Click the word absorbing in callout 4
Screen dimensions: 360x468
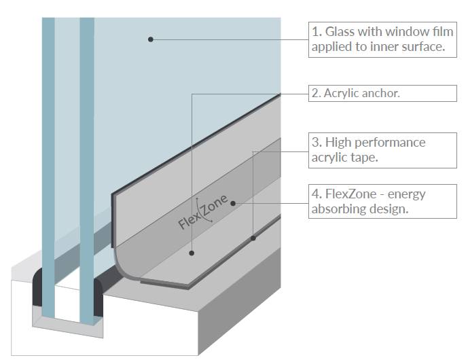(340, 209)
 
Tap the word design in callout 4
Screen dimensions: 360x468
(389, 209)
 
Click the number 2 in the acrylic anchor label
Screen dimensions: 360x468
(315, 94)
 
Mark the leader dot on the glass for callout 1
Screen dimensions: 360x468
(151, 39)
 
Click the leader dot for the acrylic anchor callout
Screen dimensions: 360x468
(192, 253)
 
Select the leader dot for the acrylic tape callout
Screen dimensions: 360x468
(253, 238)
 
